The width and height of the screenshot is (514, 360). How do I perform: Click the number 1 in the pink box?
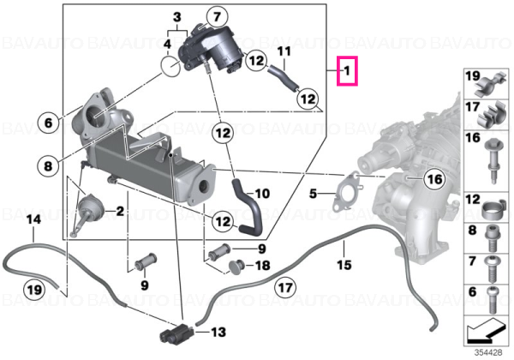(x=347, y=70)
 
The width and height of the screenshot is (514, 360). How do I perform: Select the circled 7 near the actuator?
(x=218, y=17)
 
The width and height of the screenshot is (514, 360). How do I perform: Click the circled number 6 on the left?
(x=48, y=123)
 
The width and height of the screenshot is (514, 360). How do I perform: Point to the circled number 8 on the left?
(x=48, y=166)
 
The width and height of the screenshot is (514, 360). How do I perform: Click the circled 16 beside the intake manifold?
(x=434, y=179)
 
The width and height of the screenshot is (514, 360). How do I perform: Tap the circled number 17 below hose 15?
(x=285, y=287)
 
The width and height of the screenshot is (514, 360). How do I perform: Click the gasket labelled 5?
(x=348, y=191)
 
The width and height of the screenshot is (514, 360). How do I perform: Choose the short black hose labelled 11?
(x=283, y=78)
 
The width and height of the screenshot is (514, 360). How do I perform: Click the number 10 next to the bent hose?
(x=262, y=194)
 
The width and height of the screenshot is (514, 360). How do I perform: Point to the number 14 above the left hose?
(x=33, y=219)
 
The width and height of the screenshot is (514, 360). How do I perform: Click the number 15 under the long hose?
(x=344, y=264)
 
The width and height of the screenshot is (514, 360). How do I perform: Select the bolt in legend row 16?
(x=492, y=161)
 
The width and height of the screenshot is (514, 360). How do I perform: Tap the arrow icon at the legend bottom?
(x=486, y=330)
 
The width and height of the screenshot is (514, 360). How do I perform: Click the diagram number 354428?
(x=488, y=353)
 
